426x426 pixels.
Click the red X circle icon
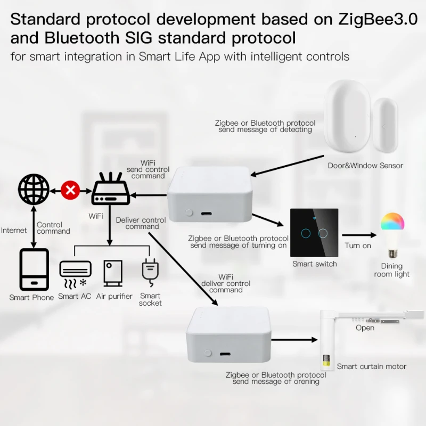pos(70,190)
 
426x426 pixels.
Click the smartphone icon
pos(34,269)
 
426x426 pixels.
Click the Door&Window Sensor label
pos(365,166)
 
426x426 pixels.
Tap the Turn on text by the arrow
pos(358,245)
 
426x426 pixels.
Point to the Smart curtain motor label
pos(371,366)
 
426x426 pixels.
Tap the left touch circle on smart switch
pos(306,233)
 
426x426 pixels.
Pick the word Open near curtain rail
pos(365,328)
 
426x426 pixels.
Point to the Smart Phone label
pos(31,297)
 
